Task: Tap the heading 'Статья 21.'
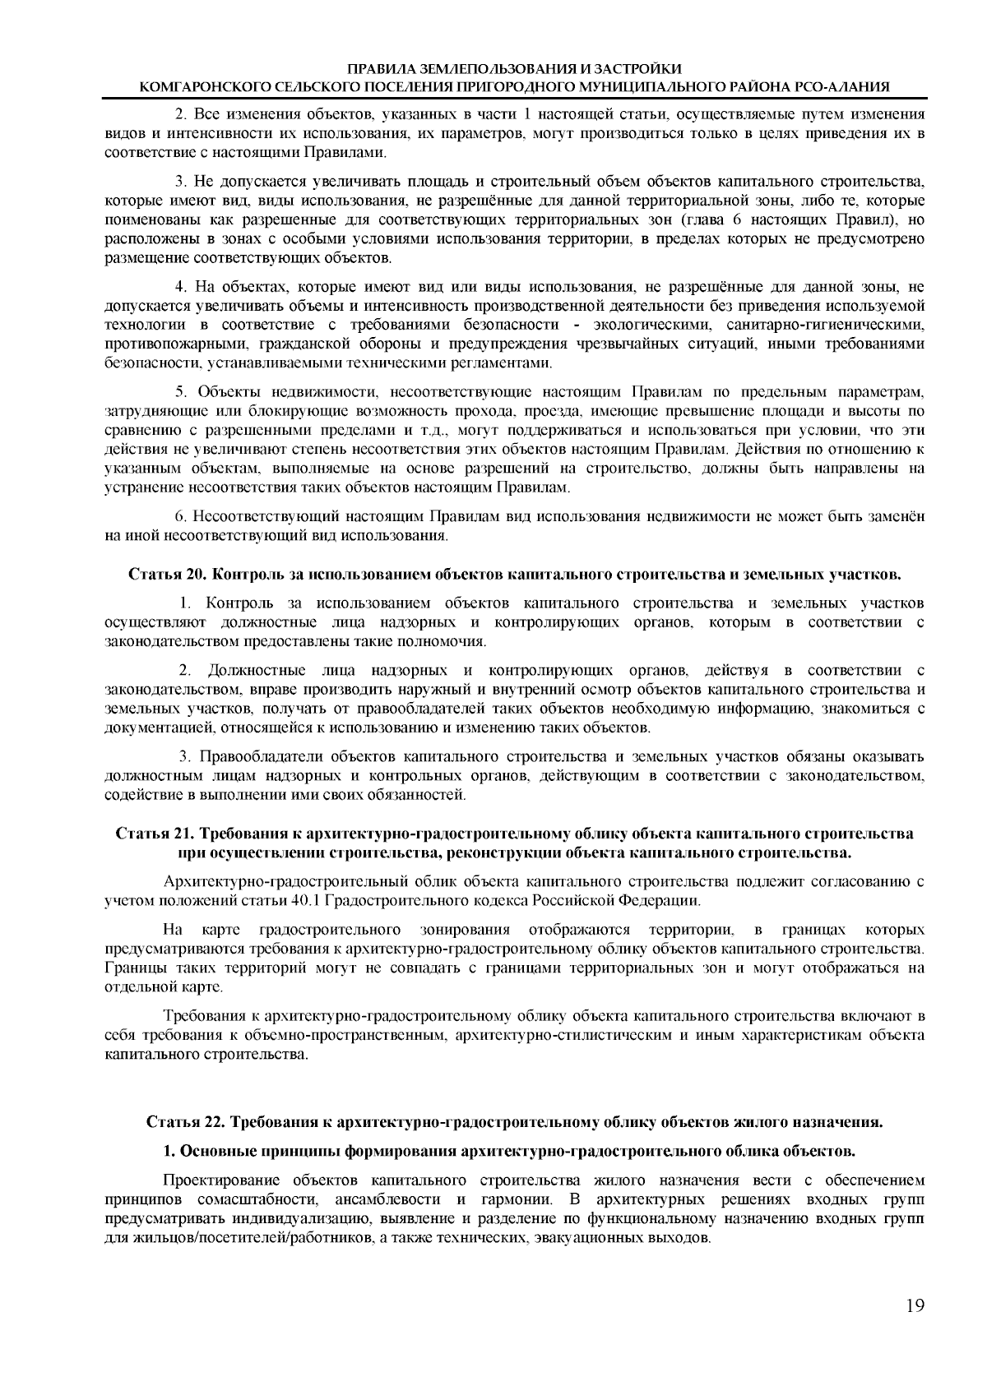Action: point(154,834)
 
